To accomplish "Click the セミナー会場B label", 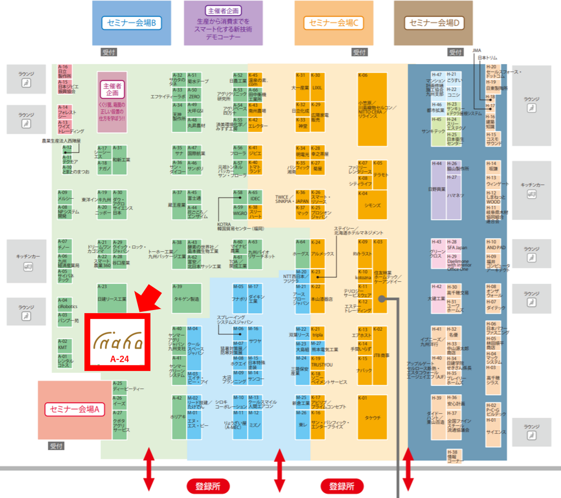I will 131,23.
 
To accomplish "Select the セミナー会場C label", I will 333,23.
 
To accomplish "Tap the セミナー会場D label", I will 434,23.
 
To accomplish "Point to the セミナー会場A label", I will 75,409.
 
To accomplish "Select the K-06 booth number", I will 363,75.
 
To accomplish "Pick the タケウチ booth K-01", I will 372,417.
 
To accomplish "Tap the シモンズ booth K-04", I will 372,205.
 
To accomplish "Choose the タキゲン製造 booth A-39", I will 187,299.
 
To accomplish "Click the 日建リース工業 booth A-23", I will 112,299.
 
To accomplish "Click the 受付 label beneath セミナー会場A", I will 56,446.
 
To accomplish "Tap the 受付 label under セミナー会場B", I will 109,52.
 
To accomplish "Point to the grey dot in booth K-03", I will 382,299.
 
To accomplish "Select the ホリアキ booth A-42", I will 179,417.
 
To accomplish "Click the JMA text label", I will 477,51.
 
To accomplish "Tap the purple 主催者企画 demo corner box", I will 223,23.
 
